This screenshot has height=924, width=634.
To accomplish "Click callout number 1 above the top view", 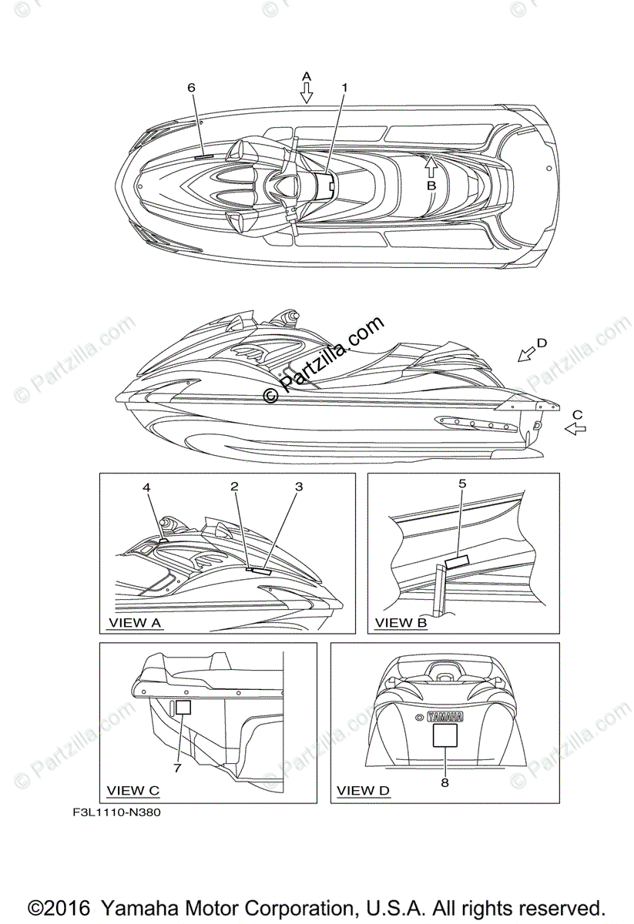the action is tap(344, 88).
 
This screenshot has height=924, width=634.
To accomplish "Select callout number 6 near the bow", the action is tap(192, 88).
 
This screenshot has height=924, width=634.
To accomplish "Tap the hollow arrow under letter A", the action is tap(307, 93).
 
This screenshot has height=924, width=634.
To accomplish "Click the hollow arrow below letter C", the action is tap(575, 429).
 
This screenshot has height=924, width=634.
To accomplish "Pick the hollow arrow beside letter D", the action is tap(527, 353).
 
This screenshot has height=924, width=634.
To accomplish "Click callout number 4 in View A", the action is tap(146, 487).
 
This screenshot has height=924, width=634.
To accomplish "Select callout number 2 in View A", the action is tap(234, 486).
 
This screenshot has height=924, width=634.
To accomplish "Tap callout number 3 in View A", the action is tap(299, 486).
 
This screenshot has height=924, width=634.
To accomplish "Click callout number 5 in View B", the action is tap(462, 484).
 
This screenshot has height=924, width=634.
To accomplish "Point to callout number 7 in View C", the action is tap(176, 768).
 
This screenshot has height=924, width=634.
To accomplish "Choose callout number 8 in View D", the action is tap(444, 782).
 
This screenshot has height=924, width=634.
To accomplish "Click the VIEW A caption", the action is tap(136, 621).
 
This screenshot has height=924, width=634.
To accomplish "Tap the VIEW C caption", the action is tap(133, 790).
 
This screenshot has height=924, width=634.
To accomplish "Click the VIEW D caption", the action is tap(364, 790).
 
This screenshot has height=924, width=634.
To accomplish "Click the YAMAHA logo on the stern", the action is tap(444, 716).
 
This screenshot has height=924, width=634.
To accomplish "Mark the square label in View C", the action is tap(183, 707).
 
